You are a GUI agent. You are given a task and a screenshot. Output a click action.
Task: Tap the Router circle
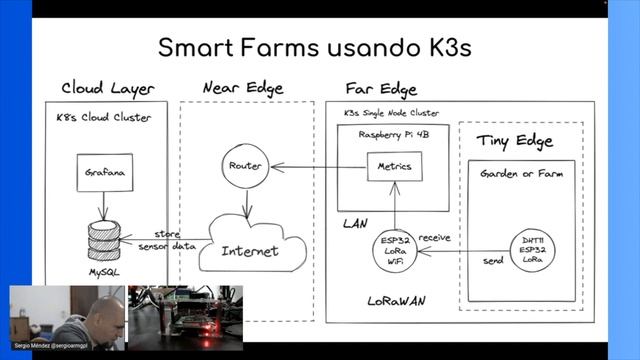click(245, 165)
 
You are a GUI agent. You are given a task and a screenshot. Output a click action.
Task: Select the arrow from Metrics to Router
click(320, 166)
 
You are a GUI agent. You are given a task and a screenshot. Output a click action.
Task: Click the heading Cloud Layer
click(108, 88)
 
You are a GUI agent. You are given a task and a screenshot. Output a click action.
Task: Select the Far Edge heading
click(380, 88)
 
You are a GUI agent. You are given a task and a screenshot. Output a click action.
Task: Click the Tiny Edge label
click(514, 140)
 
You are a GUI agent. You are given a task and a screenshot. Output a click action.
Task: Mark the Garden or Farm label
click(521, 173)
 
